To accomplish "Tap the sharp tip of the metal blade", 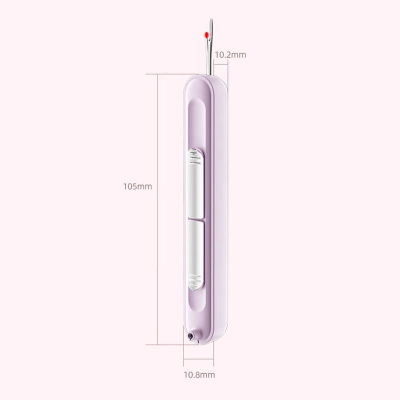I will click(211, 20).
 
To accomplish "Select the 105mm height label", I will click(137, 186).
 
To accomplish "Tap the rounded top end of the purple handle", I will click(205, 77).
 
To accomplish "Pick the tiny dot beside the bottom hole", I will click(199, 341).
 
